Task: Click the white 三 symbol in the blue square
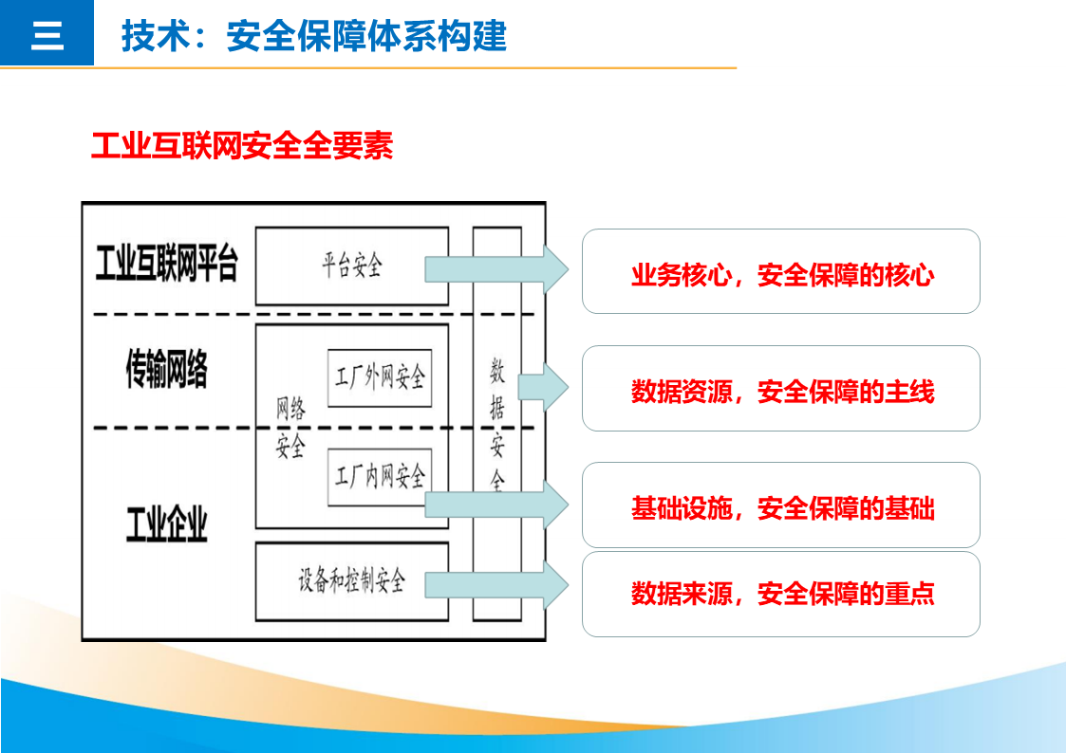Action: pos(47,35)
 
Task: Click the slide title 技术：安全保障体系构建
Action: pos(314,36)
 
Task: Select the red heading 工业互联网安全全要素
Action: pos(242,146)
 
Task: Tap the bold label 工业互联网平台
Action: pos(167,265)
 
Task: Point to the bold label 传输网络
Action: pos(167,369)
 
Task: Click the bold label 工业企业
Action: pos(167,523)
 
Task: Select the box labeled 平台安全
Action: pos(351,266)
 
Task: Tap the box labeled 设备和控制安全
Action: pos(351,581)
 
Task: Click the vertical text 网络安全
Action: pos(290,428)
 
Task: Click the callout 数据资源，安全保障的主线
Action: pos(781,389)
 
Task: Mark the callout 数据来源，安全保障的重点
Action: pos(781,594)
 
